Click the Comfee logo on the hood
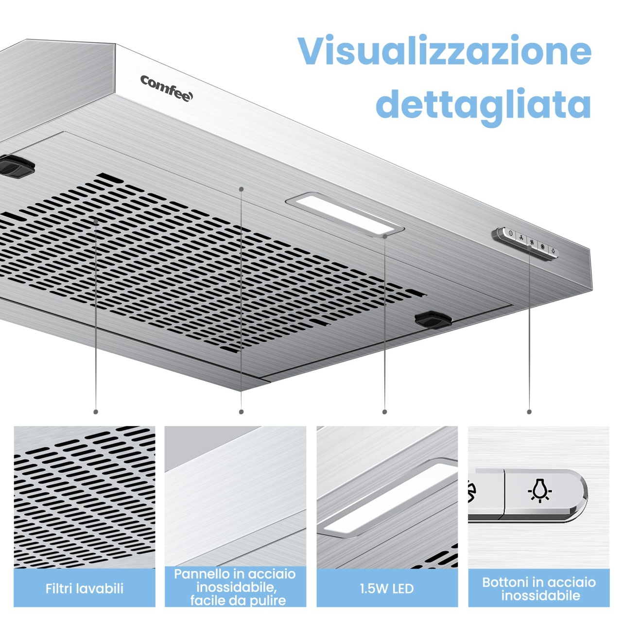click(x=167, y=88)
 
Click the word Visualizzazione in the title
click(x=444, y=51)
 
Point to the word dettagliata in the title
click(x=484, y=105)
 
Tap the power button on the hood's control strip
click(x=510, y=233)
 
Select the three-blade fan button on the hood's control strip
click(x=521, y=238)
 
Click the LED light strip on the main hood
click(x=345, y=215)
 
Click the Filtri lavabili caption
click(x=85, y=588)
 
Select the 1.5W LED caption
click(x=387, y=588)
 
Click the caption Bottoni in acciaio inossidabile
click(x=539, y=588)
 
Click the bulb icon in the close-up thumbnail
click(x=540, y=495)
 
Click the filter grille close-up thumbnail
click(x=85, y=497)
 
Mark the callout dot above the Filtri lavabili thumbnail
click(x=96, y=412)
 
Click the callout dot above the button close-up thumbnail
click(x=529, y=412)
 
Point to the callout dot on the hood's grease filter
click(x=96, y=222)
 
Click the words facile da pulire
click(x=238, y=601)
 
